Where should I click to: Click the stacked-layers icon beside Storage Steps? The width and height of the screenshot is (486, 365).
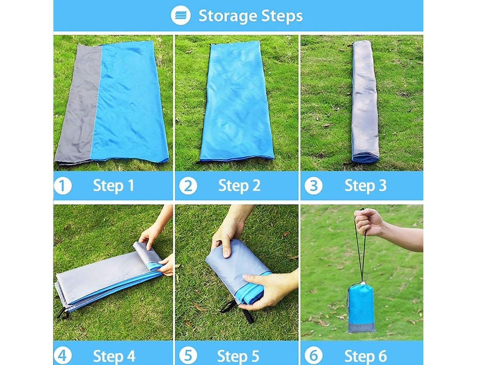180,15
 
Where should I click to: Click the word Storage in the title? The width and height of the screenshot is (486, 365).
227,16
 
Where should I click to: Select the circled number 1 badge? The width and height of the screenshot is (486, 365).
63,186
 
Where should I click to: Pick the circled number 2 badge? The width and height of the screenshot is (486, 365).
188,186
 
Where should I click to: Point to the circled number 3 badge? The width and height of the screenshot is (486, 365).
314,186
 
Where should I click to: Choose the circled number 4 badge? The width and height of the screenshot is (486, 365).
63,355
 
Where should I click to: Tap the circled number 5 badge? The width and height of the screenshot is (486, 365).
188,355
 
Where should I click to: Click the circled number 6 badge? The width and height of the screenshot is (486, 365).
314,355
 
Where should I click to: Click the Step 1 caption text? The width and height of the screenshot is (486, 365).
114,186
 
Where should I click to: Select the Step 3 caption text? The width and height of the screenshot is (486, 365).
366,186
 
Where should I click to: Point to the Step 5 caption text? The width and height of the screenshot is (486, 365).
238,356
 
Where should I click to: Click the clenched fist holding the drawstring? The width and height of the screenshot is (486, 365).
368,222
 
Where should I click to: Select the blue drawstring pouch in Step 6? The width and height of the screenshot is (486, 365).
361,308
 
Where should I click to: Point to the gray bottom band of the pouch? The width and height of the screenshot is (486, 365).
361,327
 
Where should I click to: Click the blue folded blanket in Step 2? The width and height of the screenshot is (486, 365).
237,102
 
